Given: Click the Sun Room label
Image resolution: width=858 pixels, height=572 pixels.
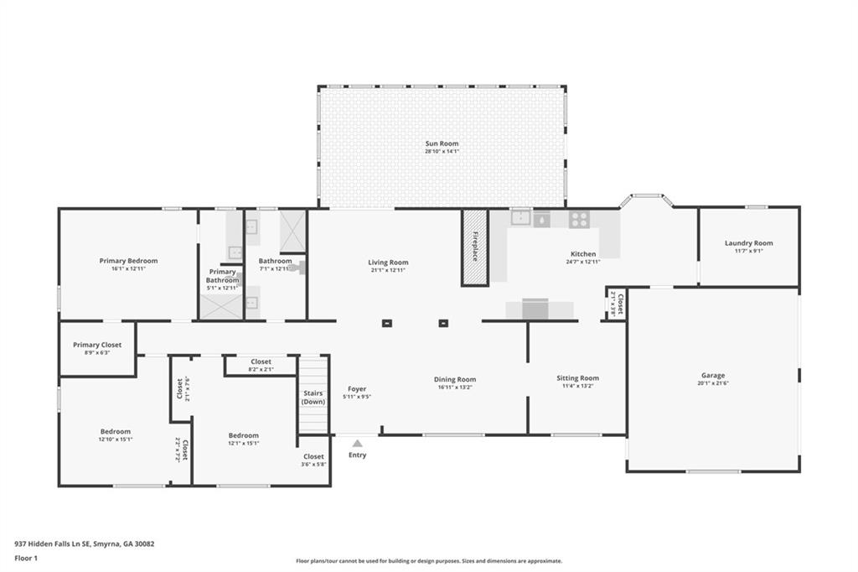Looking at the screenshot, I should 442,143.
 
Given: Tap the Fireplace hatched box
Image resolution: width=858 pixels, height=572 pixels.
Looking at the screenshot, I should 474,247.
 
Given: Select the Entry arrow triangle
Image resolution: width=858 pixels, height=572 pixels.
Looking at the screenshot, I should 358,443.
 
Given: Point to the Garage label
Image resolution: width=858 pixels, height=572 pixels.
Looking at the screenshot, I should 713,375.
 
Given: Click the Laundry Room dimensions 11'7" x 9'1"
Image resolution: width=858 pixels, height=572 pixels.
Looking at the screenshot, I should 749,250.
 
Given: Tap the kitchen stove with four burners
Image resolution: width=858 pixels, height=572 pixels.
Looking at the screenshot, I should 578,220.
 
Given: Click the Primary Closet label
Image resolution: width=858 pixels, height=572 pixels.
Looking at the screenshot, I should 97,345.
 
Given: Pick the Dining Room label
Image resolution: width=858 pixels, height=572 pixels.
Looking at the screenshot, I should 455,379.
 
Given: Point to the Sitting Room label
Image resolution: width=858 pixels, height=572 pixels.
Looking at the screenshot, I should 578,378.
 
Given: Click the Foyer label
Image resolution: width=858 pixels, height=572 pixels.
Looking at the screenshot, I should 357,389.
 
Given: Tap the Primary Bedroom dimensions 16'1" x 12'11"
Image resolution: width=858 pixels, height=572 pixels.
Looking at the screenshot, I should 128,269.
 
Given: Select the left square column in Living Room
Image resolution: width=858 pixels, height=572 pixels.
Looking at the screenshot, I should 387,323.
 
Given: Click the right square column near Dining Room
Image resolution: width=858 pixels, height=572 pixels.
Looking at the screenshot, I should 443,323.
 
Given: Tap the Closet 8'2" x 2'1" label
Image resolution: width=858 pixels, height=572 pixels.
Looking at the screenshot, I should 261,361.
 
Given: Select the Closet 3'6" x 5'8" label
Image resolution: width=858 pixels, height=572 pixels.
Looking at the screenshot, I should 313,456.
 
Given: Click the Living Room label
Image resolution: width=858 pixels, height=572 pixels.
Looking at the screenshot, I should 388,262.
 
